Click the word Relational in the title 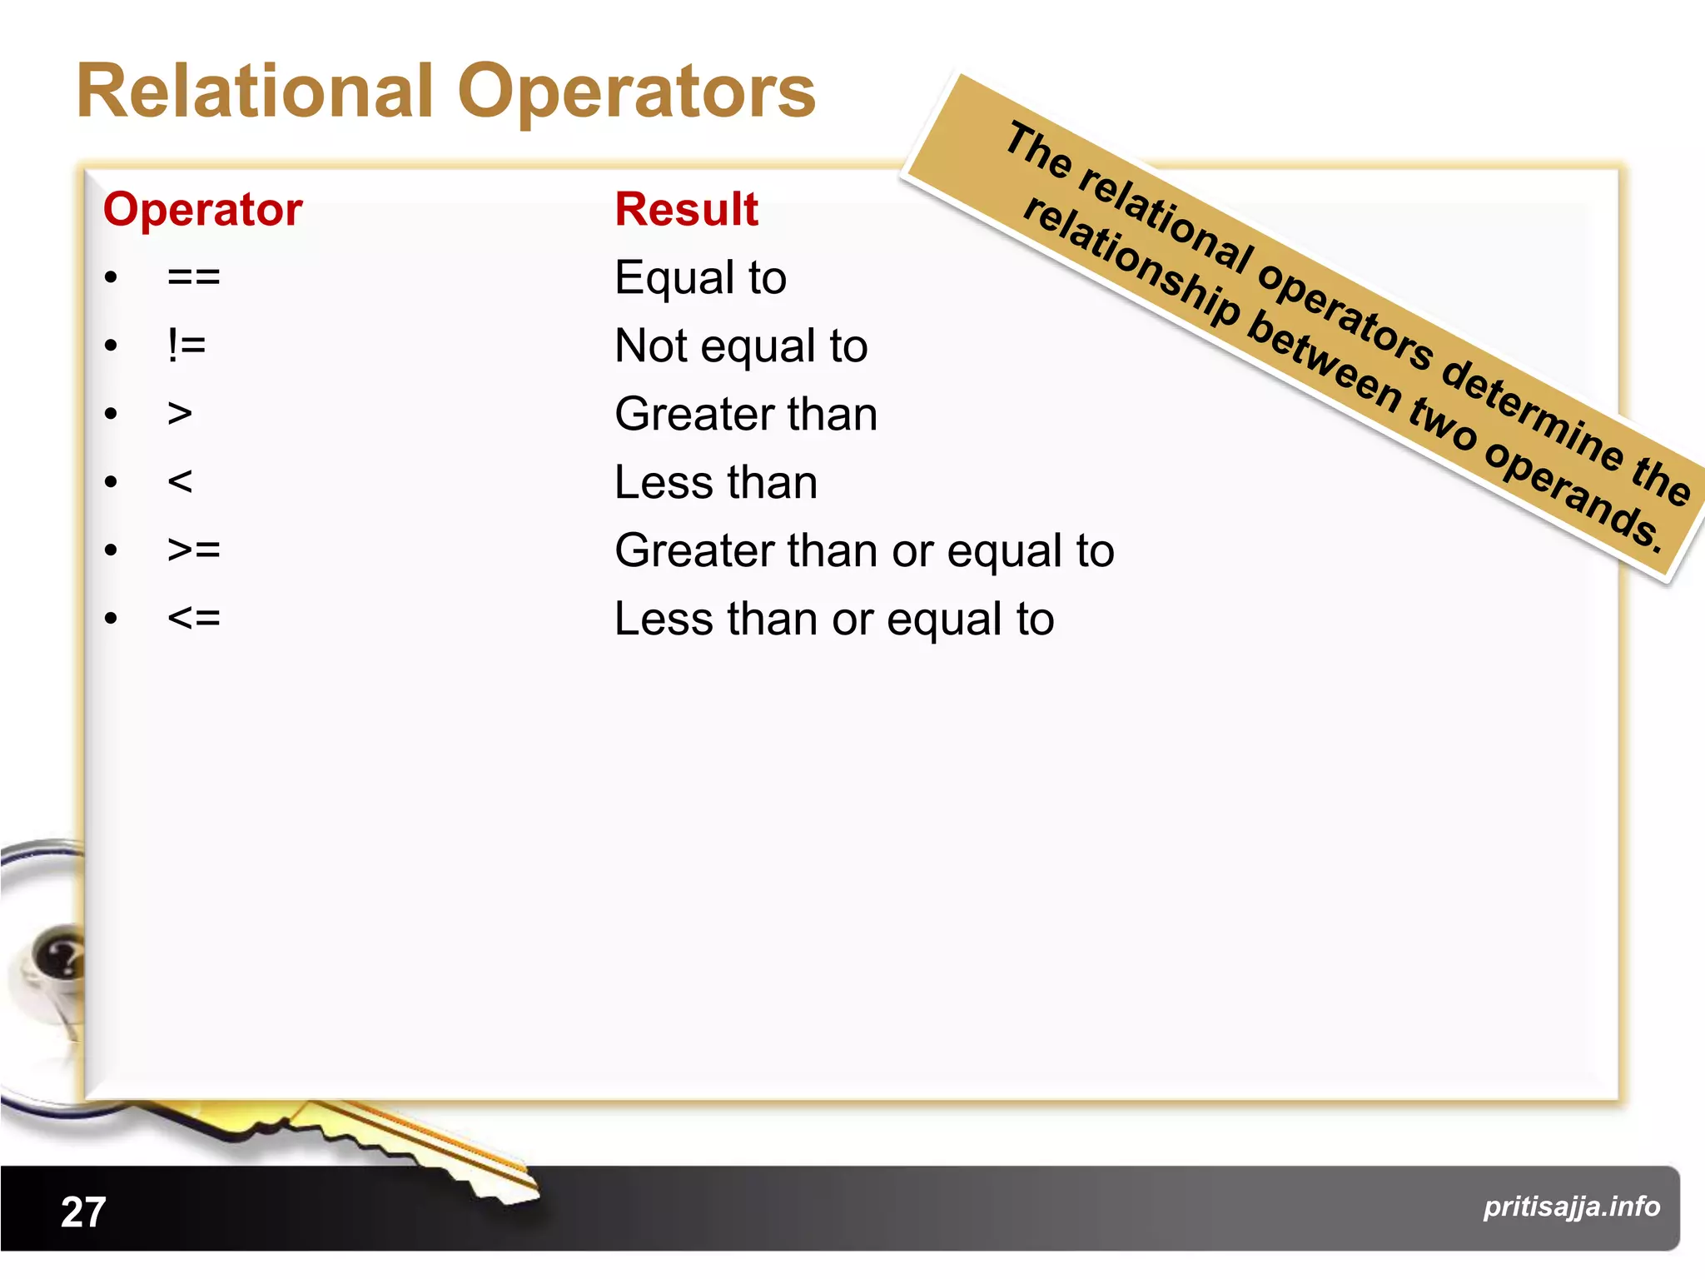click(255, 92)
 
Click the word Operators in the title click(636, 93)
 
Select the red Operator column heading click(202, 209)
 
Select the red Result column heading click(686, 209)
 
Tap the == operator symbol click(193, 277)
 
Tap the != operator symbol click(186, 346)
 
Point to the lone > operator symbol click(180, 414)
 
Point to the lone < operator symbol click(180, 482)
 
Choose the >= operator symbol click(193, 550)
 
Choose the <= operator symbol click(193, 619)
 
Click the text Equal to click(700, 277)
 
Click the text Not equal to click(740, 346)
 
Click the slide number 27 click(83, 1212)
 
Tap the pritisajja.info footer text click(1571, 1207)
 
